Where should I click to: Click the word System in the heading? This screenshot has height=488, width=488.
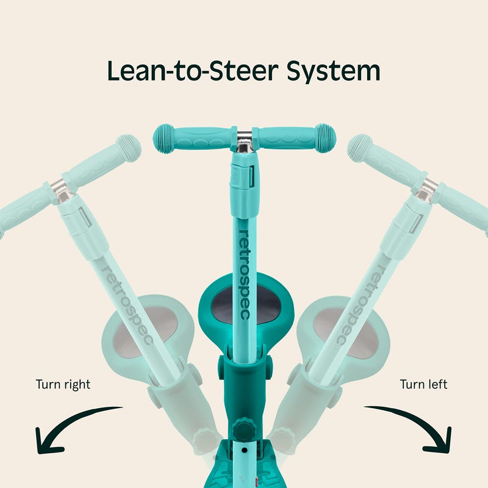pos(333,71)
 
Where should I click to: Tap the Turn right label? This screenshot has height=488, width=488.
pos(63,385)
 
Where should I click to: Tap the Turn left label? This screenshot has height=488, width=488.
pos(423,384)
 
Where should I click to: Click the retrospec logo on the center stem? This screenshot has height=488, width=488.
pos(245,275)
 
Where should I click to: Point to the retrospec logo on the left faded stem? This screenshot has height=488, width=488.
pos(127,305)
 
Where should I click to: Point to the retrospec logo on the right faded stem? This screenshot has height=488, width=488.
pos(361,305)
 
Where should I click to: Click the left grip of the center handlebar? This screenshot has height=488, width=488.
pos(193,138)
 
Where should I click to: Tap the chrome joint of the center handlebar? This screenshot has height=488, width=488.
pos(245,142)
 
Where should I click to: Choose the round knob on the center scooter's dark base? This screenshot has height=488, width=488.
pos(245,429)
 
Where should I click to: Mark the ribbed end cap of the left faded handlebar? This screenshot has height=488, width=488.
pos(129,148)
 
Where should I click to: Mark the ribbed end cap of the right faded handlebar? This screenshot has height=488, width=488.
pos(360,148)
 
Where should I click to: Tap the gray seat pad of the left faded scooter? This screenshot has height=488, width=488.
pos(145,331)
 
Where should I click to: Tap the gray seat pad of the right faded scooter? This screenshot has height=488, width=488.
pos(345,333)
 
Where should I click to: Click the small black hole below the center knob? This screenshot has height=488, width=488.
pos(245,450)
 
